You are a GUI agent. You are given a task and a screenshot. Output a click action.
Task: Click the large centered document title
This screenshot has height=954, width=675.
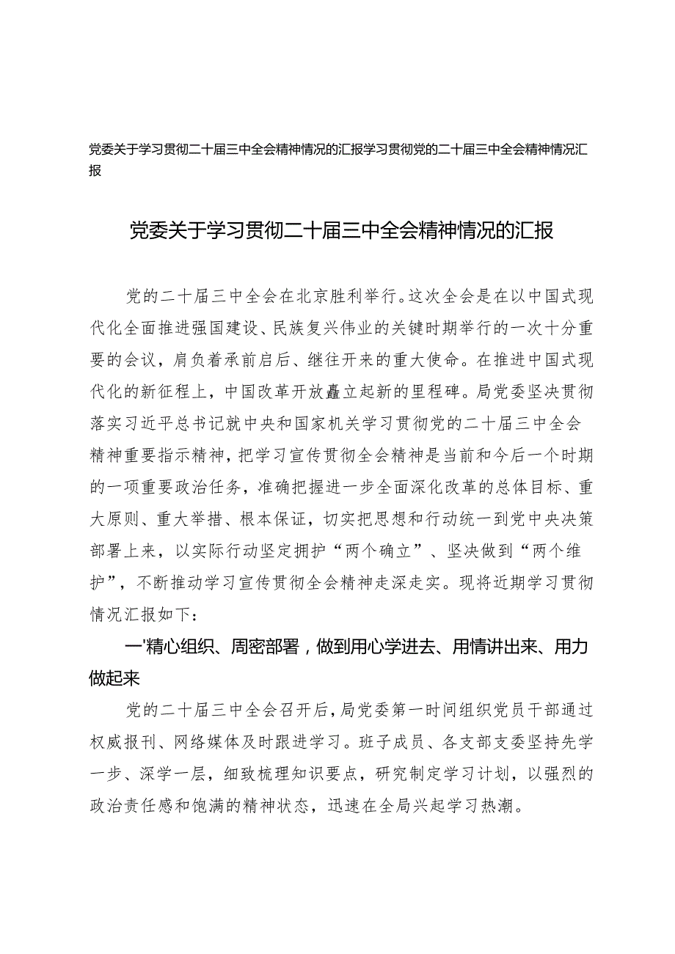337,230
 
